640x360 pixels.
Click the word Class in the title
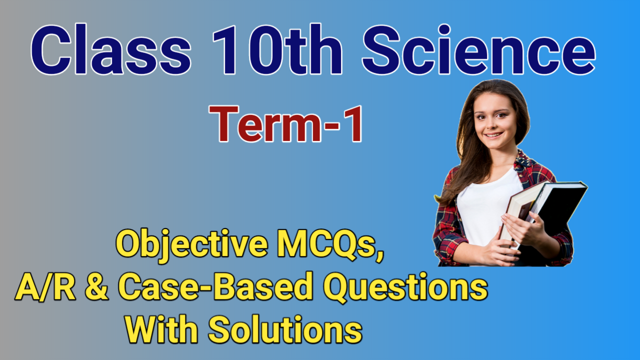110,51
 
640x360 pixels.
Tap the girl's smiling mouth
493,135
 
